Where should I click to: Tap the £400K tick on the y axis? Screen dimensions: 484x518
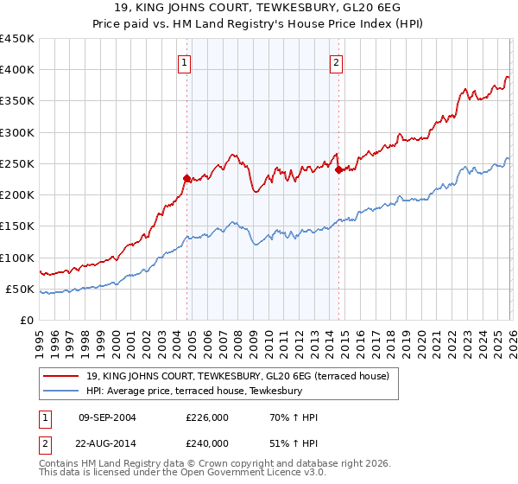16,70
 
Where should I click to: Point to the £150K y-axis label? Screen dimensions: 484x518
16,226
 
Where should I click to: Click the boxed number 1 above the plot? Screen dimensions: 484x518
186,62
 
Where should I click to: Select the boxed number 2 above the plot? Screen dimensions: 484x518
336,62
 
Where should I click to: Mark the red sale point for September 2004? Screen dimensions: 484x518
186,179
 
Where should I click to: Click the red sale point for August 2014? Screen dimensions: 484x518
338,169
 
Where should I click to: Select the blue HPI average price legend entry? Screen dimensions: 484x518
193,392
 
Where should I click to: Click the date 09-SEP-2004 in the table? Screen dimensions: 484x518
108,417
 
